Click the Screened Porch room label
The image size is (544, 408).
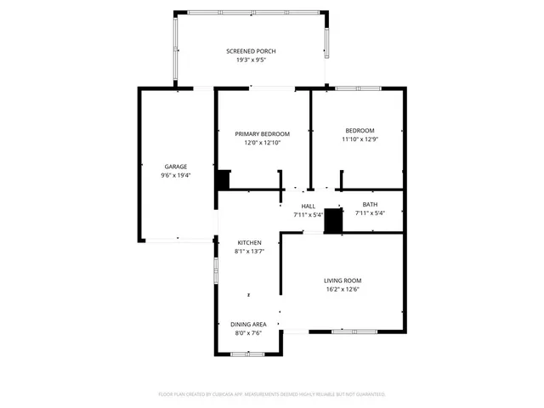tap(250, 51)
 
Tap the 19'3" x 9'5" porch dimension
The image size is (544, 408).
tap(250, 60)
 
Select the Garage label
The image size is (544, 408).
tap(176, 166)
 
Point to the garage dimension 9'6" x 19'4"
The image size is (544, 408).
tap(176, 175)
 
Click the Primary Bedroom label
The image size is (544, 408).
tap(263, 133)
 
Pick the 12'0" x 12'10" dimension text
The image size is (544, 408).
tap(263, 143)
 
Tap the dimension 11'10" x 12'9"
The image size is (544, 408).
tap(359, 139)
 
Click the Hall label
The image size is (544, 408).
tap(308, 206)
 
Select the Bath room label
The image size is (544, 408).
tap(370, 204)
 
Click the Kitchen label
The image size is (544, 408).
tap(248, 243)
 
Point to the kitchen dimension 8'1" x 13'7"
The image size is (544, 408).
tap(248, 252)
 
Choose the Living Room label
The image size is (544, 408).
tap(343, 280)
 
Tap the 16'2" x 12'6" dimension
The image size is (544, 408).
tap(343, 290)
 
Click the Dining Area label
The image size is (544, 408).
tap(248, 324)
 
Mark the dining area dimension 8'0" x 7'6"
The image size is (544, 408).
tap(248, 333)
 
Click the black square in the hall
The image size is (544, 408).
tap(332, 221)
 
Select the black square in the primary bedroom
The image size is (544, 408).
tap(223, 180)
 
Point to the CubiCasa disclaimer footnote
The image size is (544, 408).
tap(272, 394)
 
